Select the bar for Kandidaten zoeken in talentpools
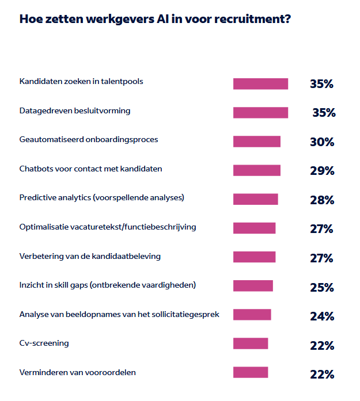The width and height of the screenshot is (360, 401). pyautogui.click(x=260, y=84)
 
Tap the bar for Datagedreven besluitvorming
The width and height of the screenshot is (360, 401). pyautogui.click(x=260, y=113)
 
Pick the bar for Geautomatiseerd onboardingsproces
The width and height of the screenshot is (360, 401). pyautogui.click(x=257, y=142)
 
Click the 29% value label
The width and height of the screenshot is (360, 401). pyautogui.click(x=321, y=171)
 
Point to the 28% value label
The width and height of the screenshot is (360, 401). pyautogui.click(x=321, y=200)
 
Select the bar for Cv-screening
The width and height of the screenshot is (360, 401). pyautogui.click(x=251, y=343)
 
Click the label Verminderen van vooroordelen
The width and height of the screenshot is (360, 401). pyautogui.click(x=78, y=372)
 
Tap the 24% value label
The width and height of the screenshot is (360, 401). pyautogui.click(x=321, y=316)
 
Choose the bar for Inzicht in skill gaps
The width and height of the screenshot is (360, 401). pyautogui.click(x=253, y=286)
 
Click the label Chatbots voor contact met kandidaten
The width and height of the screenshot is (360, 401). pyautogui.click(x=90, y=169)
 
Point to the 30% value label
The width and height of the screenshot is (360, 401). pyautogui.click(x=321, y=142)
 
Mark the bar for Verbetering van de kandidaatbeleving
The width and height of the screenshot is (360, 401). pyautogui.click(x=254, y=257)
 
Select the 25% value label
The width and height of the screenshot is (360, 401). pyautogui.click(x=321, y=287)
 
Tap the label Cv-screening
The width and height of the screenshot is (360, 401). pyautogui.click(x=44, y=343)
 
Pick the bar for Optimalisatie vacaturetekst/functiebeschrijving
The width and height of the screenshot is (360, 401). pyautogui.click(x=254, y=228)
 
